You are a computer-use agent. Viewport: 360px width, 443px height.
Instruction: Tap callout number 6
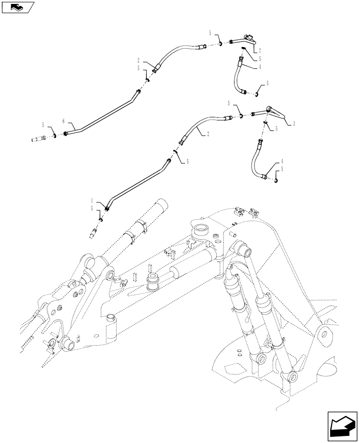pyautogui.click(x=63, y=120)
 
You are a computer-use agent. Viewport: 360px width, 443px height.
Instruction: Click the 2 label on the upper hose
pyautogui.click(x=139, y=60)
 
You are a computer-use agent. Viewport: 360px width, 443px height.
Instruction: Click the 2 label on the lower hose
pyautogui.click(x=207, y=132)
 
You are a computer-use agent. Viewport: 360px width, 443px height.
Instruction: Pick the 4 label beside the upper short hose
pyautogui.click(x=260, y=67)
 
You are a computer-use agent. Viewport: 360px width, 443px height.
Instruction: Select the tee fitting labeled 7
pyautogui.click(x=248, y=40)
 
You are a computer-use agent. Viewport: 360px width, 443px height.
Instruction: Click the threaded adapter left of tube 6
pyautogui.click(x=39, y=139)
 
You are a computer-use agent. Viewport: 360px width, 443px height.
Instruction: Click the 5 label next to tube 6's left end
pyautogui.click(x=43, y=125)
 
